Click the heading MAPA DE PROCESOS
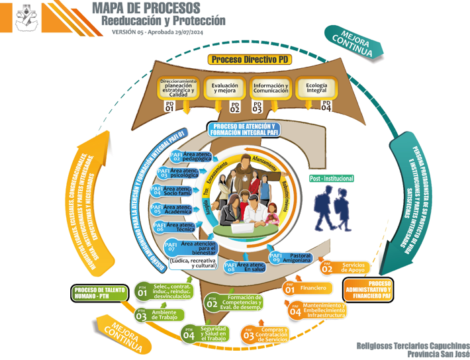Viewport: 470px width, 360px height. [146, 8]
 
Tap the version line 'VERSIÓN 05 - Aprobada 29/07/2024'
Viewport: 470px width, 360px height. [157, 32]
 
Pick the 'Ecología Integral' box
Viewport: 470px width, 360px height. [316, 88]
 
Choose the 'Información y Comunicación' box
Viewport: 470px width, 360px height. [270, 88]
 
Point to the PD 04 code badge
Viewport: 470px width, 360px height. [326, 106]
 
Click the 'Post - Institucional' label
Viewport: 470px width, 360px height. [332, 179]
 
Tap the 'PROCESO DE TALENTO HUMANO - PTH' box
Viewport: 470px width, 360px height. [100, 292]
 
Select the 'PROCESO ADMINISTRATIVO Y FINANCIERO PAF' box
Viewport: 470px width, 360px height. [371, 291]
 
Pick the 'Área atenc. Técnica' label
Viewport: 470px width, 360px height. [181, 226]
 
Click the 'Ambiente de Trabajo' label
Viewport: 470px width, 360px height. [164, 315]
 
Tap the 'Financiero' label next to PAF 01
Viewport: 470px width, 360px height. [313, 289]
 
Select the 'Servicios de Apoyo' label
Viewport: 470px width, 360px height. [352, 267]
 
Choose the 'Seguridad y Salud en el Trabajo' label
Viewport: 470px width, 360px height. [213, 334]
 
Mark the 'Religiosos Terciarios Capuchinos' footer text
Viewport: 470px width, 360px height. [413, 345]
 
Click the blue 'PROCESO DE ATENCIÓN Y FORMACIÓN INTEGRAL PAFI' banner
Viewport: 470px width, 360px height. [243, 129]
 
